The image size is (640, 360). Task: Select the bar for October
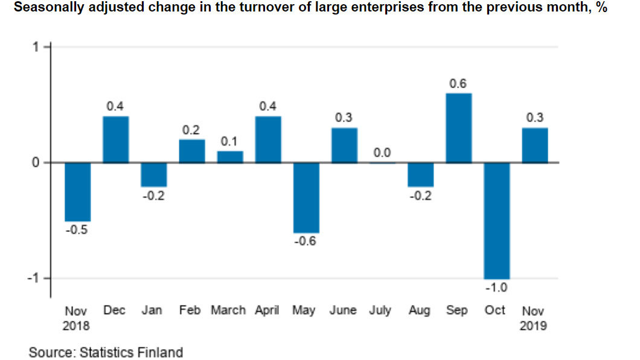coord(497,220)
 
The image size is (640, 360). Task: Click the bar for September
coord(458,128)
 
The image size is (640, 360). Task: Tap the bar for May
coord(306,198)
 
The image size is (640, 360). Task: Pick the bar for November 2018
coord(78,192)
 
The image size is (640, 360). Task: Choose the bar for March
coord(230,157)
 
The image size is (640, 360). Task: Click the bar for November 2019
coord(535,146)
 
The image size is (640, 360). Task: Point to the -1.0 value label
coord(497,288)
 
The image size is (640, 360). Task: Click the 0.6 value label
coord(458,84)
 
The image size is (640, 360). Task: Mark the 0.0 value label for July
coord(382,153)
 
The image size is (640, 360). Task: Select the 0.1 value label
coord(230,142)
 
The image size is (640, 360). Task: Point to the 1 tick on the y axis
coord(36,47)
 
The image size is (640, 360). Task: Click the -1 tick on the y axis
coord(34,278)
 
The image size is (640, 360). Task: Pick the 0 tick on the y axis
coord(36,162)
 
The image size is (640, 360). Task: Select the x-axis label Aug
coord(420,310)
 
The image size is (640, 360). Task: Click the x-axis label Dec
coord(115,310)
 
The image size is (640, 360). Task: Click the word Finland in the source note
coord(161,352)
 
